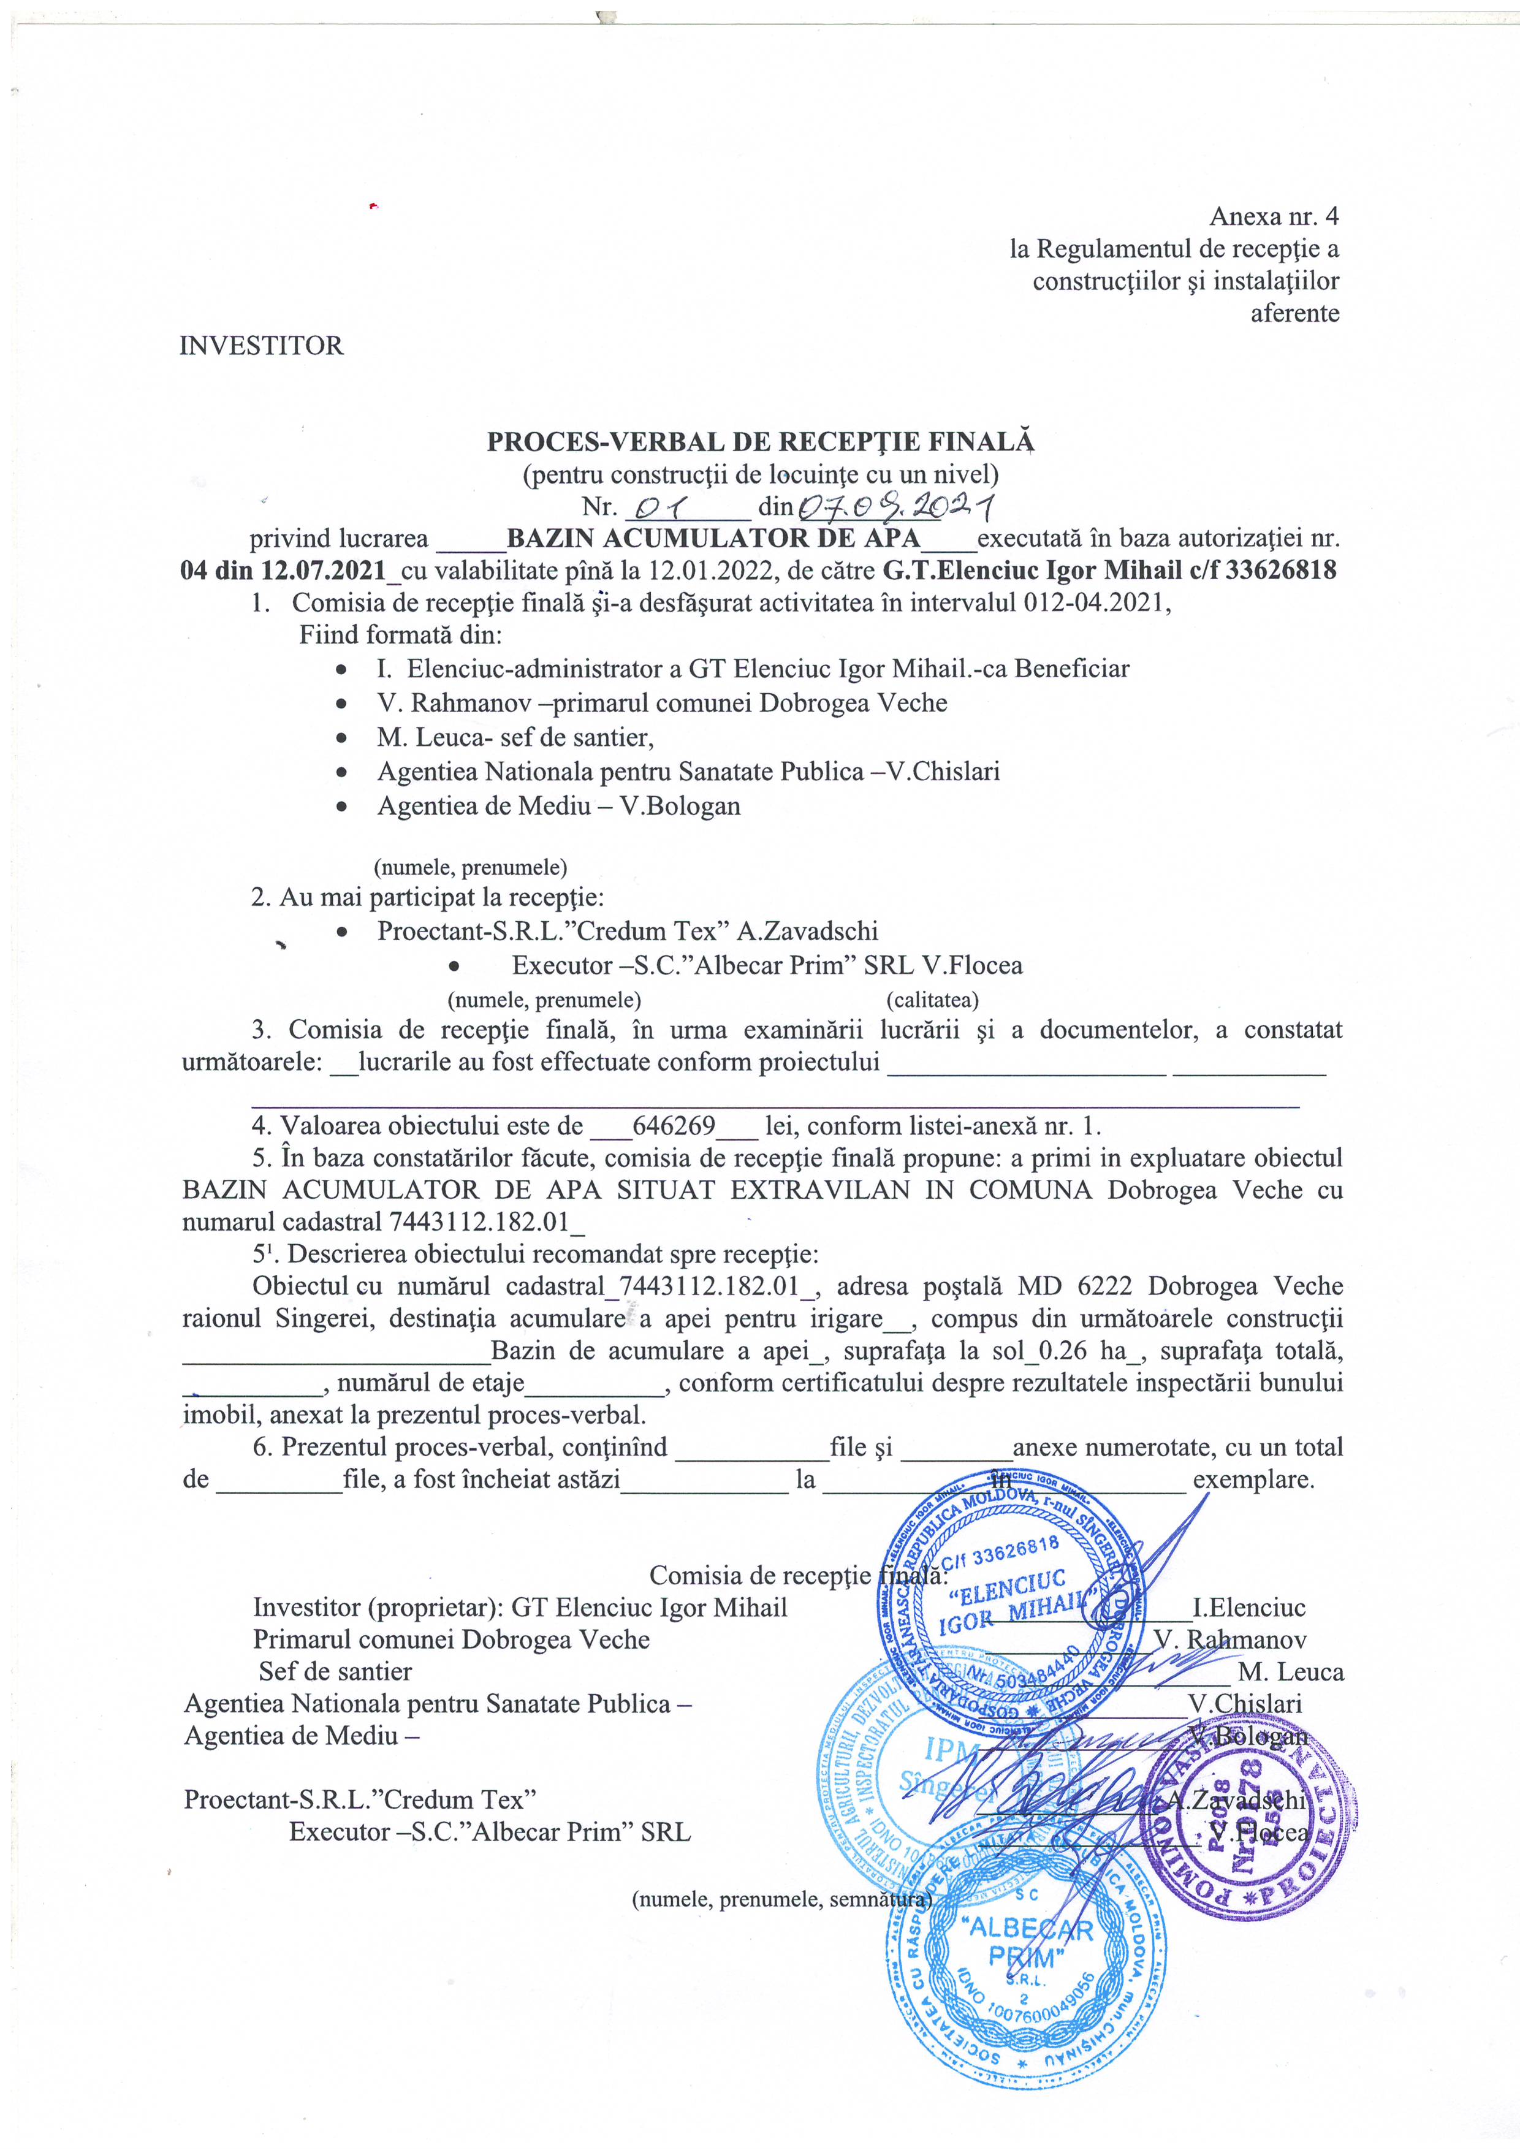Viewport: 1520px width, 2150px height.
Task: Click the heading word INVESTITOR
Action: click(261, 346)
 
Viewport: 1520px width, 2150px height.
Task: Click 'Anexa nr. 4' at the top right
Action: click(1274, 216)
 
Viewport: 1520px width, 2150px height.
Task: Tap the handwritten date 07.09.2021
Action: click(894, 507)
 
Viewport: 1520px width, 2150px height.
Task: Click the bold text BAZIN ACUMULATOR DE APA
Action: click(713, 539)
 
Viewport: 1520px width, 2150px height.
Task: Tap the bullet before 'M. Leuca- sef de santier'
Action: click(344, 738)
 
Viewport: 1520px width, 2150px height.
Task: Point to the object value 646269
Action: click(674, 1126)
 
